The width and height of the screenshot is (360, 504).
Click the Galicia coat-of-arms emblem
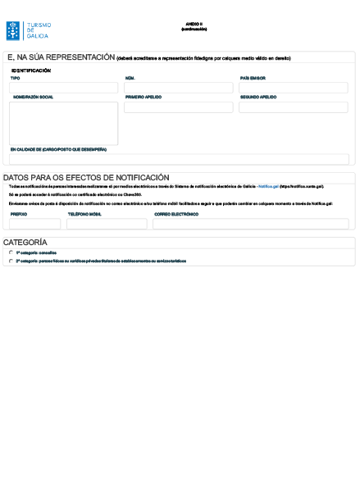click(14, 31)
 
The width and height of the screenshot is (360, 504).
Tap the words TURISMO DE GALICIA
click(37, 31)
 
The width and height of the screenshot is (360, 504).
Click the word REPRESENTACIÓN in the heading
click(80, 58)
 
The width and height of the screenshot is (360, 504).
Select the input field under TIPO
click(63, 88)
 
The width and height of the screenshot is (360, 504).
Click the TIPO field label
click(14, 79)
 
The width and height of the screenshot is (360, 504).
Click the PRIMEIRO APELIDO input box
click(178, 107)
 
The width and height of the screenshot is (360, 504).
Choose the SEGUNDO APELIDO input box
click(293, 107)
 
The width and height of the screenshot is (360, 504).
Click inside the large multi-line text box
click(63, 123)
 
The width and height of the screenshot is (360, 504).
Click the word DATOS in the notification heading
click(16, 178)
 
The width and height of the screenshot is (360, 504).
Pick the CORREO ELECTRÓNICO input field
click(250, 224)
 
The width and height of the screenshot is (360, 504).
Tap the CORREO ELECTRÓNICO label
click(176, 214)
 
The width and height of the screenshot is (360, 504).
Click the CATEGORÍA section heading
click(25, 243)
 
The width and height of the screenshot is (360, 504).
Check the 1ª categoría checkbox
click(11, 253)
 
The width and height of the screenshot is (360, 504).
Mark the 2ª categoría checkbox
click(11, 261)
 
